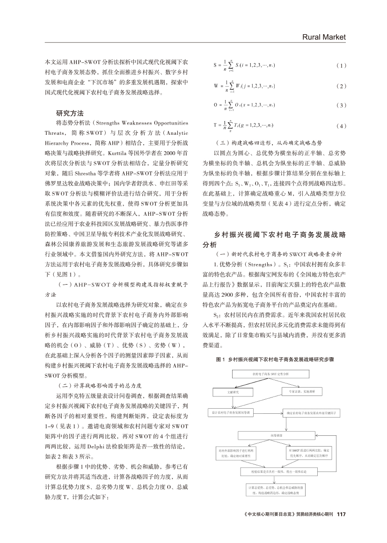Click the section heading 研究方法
(70, 113)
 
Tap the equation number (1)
(342, 65)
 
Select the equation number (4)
(342, 126)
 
